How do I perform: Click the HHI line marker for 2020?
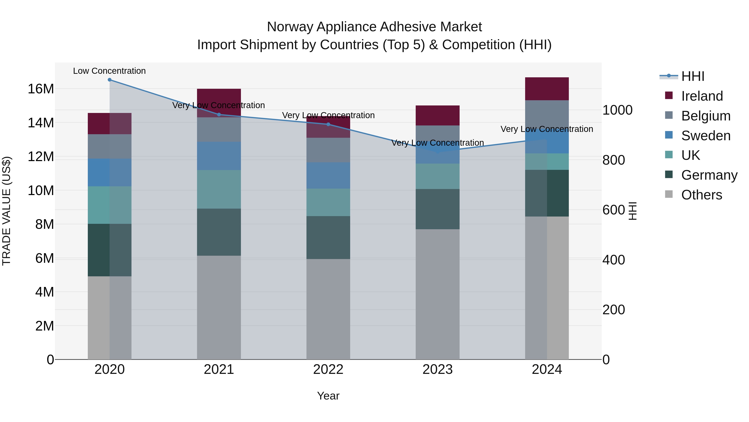(x=110, y=80)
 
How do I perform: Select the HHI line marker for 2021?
(x=219, y=114)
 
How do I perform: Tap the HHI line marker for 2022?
(x=328, y=124)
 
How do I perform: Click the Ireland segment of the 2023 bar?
(x=438, y=116)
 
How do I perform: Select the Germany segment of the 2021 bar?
(x=219, y=232)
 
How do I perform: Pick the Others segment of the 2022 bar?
(x=328, y=309)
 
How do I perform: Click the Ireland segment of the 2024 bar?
(x=547, y=89)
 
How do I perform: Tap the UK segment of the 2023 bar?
(x=438, y=176)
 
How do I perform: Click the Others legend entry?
(x=701, y=195)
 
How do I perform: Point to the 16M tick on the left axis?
(x=41, y=89)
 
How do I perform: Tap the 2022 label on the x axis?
(x=328, y=369)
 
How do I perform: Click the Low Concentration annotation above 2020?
(x=109, y=71)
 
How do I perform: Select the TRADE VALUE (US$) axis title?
(x=6, y=211)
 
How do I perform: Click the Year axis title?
(x=328, y=396)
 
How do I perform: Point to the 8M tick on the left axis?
(x=45, y=224)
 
